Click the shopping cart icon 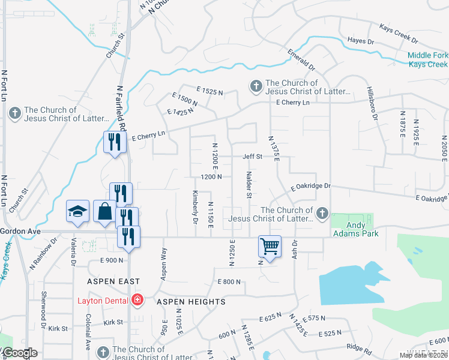(270, 245)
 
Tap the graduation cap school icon (77, 211)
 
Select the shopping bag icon (104, 211)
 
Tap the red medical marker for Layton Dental (138, 299)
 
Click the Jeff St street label (253, 157)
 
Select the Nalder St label (248, 184)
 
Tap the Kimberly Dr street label (195, 206)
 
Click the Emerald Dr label (301, 59)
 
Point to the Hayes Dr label (361, 41)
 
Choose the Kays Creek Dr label (398, 33)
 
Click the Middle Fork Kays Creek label (427, 60)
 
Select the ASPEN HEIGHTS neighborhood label (191, 302)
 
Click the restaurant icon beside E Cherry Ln (113, 142)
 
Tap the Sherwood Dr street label (44, 306)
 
